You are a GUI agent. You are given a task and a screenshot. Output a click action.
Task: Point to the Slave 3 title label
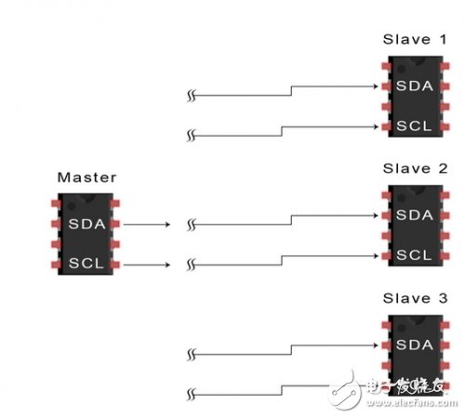414,298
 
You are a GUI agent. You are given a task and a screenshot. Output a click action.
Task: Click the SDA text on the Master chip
85,223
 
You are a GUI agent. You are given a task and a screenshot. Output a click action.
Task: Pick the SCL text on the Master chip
85,263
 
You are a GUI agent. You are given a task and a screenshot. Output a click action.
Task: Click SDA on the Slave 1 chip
414,87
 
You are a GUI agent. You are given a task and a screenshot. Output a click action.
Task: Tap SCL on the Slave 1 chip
414,126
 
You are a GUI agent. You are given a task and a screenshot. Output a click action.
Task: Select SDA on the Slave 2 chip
414,215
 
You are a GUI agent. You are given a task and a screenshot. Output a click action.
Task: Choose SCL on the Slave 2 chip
414,254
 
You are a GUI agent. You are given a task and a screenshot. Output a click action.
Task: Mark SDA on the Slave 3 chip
414,344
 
